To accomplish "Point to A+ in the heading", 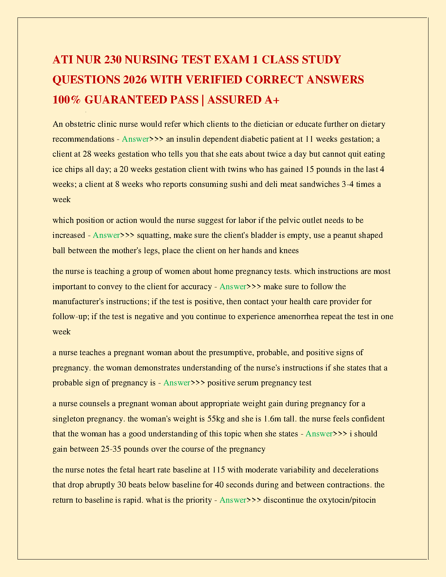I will (272, 99).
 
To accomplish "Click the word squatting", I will (153, 235).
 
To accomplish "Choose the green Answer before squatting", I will (106, 235).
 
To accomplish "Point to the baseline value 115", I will (218, 470).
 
